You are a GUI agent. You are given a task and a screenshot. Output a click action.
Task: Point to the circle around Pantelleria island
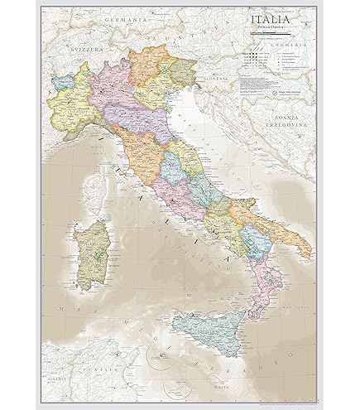[159, 335]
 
